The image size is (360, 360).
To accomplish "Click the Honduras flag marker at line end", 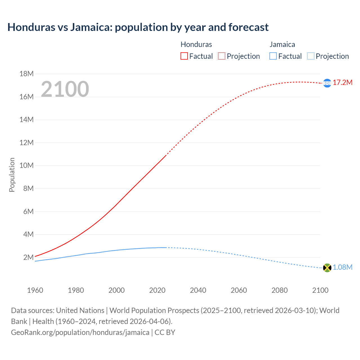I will tap(327, 83).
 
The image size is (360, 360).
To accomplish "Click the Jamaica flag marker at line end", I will tap(327, 268).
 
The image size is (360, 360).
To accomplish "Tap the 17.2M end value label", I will tap(343, 82).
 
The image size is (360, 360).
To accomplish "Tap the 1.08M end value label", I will tap(343, 267).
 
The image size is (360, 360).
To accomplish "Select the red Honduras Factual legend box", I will tap(184, 56).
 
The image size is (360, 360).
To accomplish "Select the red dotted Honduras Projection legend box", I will tap(222, 56).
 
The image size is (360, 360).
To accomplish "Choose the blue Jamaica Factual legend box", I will tap(273, 56).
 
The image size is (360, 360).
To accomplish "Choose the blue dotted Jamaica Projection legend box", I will tap(310, 56).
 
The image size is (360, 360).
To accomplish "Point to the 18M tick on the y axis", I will tap(26, 74).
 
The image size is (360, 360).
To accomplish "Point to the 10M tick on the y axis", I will tap(26, 165).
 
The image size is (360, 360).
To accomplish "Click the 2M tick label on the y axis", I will tap(28, 257).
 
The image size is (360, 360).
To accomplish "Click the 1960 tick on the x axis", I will tap(35, 290).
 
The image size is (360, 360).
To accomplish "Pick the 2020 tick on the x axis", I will tap(157, 290).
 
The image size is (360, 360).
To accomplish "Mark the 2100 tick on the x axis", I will tap(320, 290).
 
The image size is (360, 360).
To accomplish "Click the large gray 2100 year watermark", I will tap(65, 89).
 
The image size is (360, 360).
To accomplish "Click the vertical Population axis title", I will tap(12, 175).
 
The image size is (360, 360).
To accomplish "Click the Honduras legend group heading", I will tap(196, 44).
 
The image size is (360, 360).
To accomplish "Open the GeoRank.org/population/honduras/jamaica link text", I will tap(80, 332).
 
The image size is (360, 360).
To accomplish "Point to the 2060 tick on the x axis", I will tap(239, 290).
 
